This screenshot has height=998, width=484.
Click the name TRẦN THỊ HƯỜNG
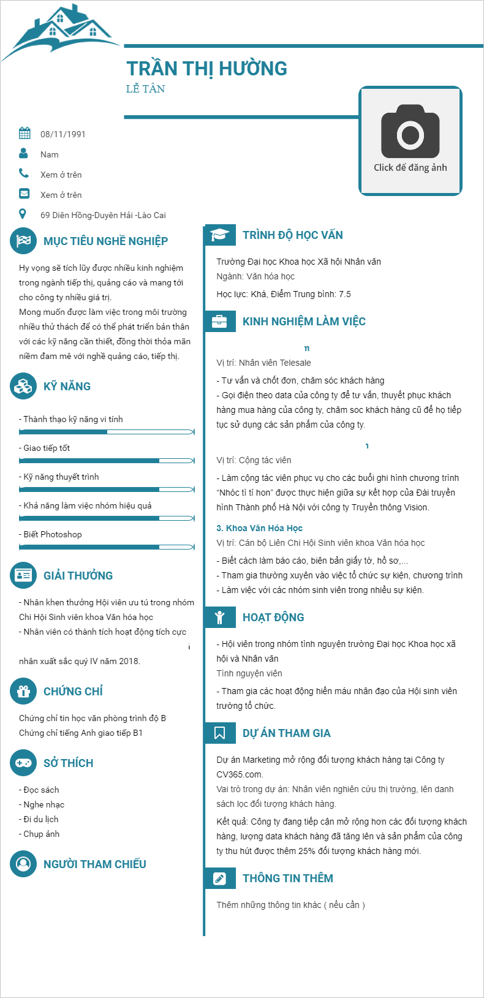pyautogui.click(x=206, y=69)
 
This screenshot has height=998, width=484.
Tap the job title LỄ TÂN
pyautogui.click(x=145, y=89)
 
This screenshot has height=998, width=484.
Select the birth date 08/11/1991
pyautogui.click(x=62, y=134)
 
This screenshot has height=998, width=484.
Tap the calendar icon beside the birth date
pyautogui.click(x=25, y=133)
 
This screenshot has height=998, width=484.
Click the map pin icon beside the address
pyautogui.click(x=23, y=214)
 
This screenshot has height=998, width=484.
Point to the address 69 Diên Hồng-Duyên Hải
pyautogui.click(x=103, y=215)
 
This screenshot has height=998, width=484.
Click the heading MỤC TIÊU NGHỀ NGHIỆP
pyautogui.click(x=105, y=241)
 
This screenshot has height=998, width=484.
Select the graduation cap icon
pyautogui.click(x=219, y=235)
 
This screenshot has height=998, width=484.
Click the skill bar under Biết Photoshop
pyautogui.click(x=107, y=546)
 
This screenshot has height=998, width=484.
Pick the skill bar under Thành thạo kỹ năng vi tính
pyautogui.click(x=107, y=432)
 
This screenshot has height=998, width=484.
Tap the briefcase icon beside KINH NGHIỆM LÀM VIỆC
pyautogui.click(x=219, y=322)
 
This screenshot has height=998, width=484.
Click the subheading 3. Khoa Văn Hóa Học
pyautogui.click(x=259, y=528)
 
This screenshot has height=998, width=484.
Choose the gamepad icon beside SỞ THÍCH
pyautogui.click(x=23, y=763)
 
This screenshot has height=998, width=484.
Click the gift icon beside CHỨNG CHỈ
pyautogui.click(x=23, y=692)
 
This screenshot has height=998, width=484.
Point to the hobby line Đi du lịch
pyautogui.click(x=40, y=819)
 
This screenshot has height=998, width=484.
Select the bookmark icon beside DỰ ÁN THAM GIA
pyautogui.click(x=219, y=733)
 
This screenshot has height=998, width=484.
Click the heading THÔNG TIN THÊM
pyautogui.click(x=287, y=878)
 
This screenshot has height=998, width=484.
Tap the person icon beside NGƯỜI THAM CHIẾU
pyautogui.click(x=23, y=864)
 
